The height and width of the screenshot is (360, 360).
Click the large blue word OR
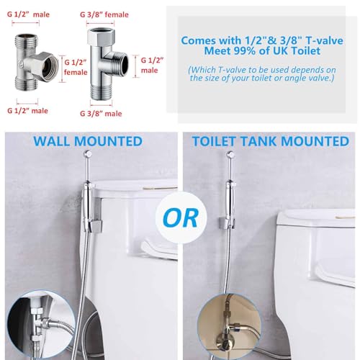point(181,218)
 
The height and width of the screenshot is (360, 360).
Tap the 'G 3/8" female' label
point(104,14)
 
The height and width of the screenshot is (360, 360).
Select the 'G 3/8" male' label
point(101,113)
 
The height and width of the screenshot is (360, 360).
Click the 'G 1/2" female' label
point(76,67)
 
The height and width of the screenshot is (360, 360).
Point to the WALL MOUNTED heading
point(88,141)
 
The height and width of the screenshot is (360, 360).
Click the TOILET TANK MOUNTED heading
point(271,141)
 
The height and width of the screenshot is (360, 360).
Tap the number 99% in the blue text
point(246,51)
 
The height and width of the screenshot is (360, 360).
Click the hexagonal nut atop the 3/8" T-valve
point(100,35)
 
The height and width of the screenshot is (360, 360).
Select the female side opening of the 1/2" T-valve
point(50,66)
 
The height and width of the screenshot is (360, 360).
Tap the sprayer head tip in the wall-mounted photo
point(88,153)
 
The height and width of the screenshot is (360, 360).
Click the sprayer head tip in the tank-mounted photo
point(230,154)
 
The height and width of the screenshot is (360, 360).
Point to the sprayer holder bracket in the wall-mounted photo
point(94,225)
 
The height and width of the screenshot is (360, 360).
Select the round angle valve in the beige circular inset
point(224,338)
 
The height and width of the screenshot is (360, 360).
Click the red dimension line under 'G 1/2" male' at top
point(25,23)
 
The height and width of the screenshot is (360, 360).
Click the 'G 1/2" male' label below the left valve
point(27,111)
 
